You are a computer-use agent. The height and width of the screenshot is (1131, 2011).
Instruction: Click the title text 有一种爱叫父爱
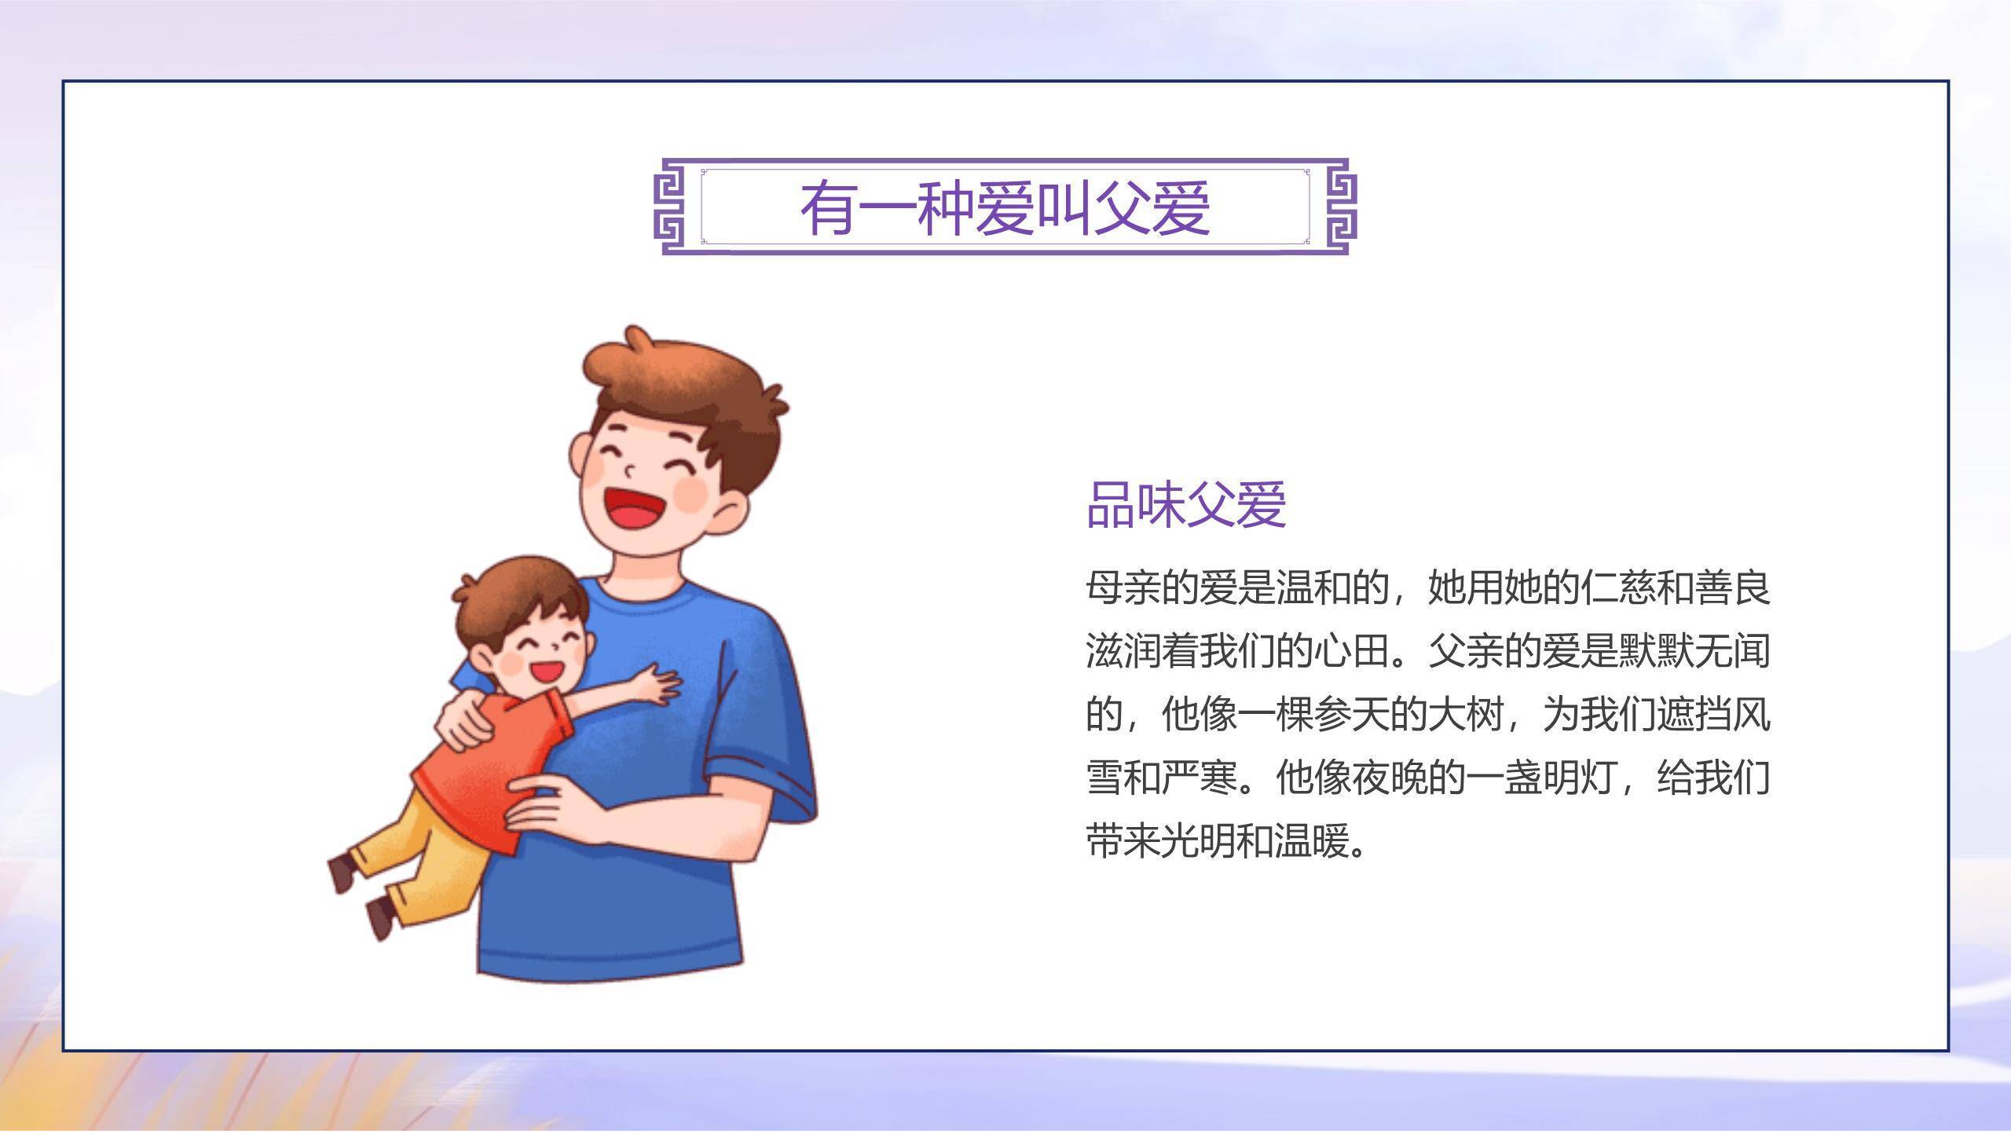1005,208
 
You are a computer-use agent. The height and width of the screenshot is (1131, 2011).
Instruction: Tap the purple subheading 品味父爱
1186,504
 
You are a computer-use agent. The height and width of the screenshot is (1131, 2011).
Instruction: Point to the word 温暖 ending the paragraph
1312,841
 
